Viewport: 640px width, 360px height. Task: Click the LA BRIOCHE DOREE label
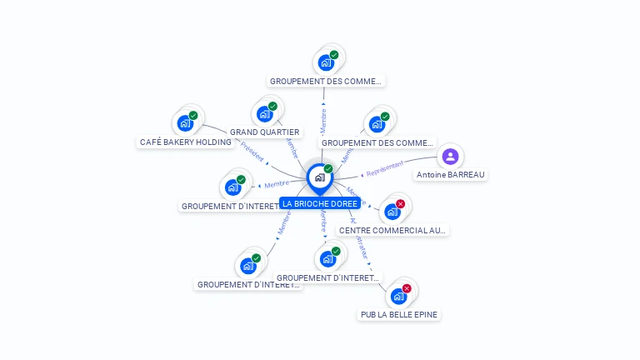(320, 203)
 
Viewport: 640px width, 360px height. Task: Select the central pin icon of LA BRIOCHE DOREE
(319, 177)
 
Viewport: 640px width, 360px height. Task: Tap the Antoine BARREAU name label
(451, 175)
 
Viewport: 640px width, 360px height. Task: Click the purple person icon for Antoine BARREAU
(450, 156)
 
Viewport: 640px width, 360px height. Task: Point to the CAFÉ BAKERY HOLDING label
(186, 142)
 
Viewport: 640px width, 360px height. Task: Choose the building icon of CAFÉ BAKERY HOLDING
(185, 124)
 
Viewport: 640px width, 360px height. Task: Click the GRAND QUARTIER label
(265, 132)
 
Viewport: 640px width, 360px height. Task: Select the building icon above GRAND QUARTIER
(264, 114)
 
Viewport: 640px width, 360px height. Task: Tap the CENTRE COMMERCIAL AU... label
(392, 230)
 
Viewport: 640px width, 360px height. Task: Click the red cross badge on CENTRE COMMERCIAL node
(400, 204)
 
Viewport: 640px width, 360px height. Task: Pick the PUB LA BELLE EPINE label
(399, 314)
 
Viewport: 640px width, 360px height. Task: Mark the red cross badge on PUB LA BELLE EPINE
(407, 288)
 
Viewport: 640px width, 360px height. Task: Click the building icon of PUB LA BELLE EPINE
(398, 296)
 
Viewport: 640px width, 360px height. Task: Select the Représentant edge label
(385, 167)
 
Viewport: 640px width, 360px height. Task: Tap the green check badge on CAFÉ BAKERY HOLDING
(193, 116)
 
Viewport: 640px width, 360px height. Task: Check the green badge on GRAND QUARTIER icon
(272, 106)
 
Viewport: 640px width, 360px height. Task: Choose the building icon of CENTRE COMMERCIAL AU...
(392, 212)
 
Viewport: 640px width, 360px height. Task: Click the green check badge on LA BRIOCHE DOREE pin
(328, 169)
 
